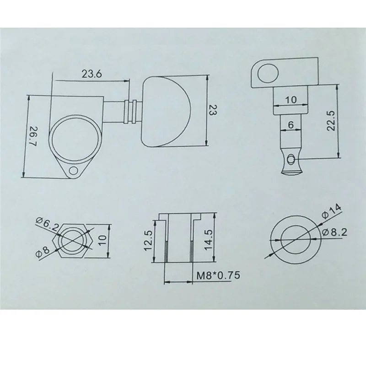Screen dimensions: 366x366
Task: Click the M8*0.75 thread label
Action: [x=218, y=276]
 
